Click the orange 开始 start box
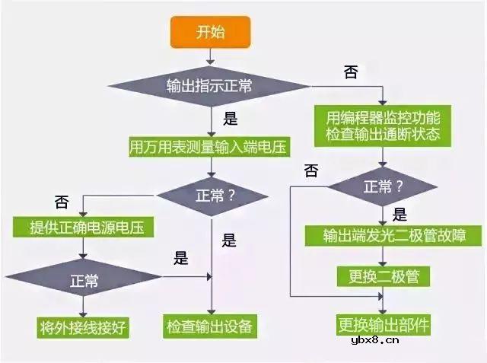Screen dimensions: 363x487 tap(210, 32)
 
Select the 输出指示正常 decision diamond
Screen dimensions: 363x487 tap(210, 84)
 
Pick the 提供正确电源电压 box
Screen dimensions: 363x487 tap(83, 227)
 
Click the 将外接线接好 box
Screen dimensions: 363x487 tap(83, 328)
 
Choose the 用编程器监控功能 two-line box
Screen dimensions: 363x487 tap(383, 126)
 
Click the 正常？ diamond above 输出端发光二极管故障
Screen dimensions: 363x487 tap(383, 186)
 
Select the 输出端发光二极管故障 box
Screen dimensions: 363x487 tap(393, 235)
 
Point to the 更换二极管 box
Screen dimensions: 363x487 tap(383, 275)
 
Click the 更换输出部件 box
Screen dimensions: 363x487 tap(383, 326)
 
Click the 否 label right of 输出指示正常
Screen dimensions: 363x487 tap(351, 72)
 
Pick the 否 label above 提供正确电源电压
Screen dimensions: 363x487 tap(61, 202)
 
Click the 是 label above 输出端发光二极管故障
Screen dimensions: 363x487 tap(399, 215)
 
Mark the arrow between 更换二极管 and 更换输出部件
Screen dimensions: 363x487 tap(383, 299)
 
